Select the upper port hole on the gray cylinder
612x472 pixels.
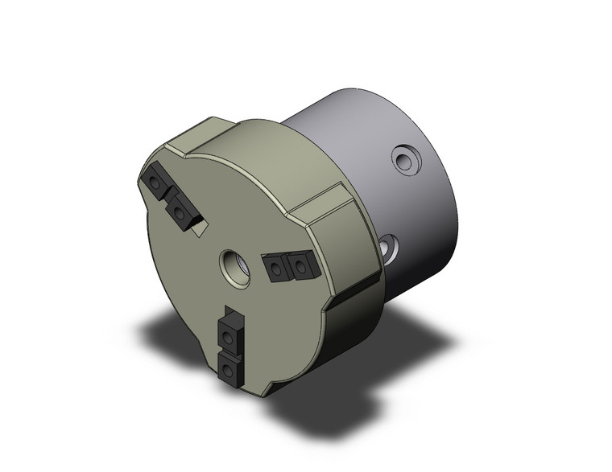(x=406, y=161)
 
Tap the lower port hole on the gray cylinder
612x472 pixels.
(x=388, y=249)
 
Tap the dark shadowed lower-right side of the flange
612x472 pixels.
(x=338, y=338)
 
